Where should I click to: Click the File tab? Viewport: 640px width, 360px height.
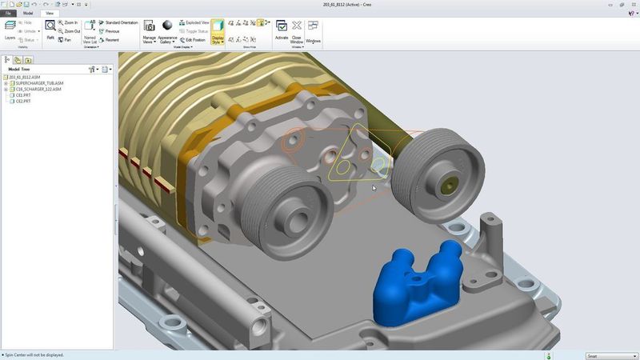coord(9,14)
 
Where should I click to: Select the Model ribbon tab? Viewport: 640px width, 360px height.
coord(28,14)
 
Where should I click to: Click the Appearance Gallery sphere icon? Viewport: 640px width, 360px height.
coord(167,26)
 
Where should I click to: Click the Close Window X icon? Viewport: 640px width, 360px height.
coord(297,26)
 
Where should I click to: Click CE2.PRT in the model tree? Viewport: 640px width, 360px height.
coord(23,102)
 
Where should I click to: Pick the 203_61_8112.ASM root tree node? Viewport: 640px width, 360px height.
coord(25,77)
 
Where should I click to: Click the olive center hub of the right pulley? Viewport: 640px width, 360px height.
coord(446,185)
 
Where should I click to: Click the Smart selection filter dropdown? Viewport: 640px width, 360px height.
coord(609,356)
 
